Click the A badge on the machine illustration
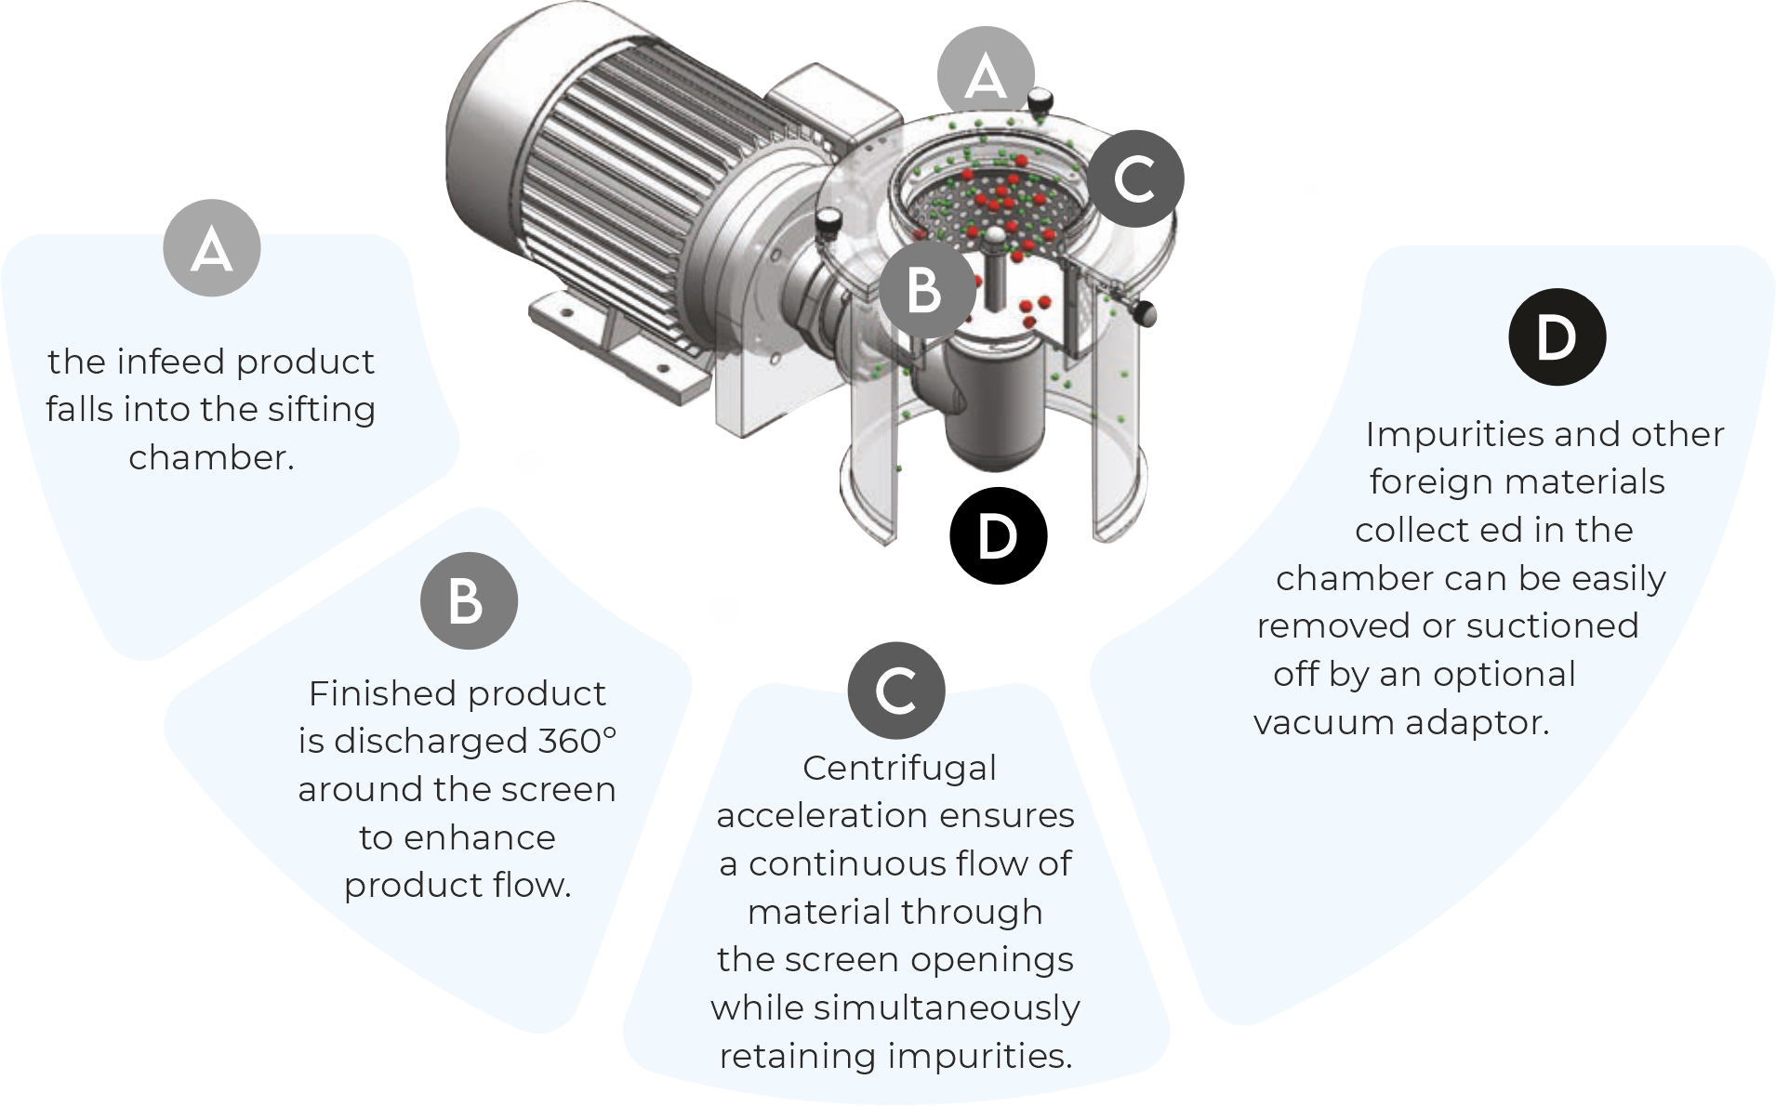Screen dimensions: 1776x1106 (986, 75)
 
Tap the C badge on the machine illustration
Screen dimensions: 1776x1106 (1135, 178)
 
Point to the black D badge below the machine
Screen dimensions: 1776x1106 (998, 535)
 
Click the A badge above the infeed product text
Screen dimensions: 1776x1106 (212, 248)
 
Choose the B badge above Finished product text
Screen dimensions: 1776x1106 (468, 600)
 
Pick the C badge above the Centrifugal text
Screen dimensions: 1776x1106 (896, 691)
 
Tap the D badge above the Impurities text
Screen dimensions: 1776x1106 (1557, 336)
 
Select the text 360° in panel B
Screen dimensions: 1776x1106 (577, 741)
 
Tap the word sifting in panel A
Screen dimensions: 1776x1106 (321, 410)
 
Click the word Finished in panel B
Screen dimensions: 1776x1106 (384, 693)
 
